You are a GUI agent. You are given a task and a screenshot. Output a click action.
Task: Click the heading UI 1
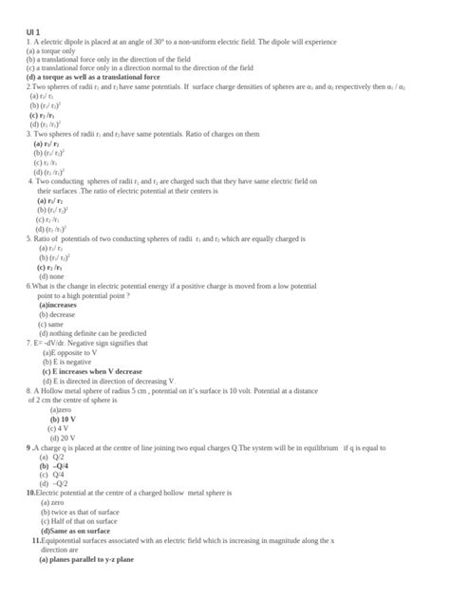(33, 33)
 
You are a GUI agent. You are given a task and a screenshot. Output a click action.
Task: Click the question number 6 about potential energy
(30, 285)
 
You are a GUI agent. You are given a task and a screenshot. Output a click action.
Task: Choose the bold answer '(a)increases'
(65, 305)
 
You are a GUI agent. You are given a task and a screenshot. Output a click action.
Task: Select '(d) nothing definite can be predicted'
(92, 333)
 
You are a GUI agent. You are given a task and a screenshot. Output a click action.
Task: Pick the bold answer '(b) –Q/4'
(54, 466)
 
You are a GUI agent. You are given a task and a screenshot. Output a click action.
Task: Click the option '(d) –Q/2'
(55, 484)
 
